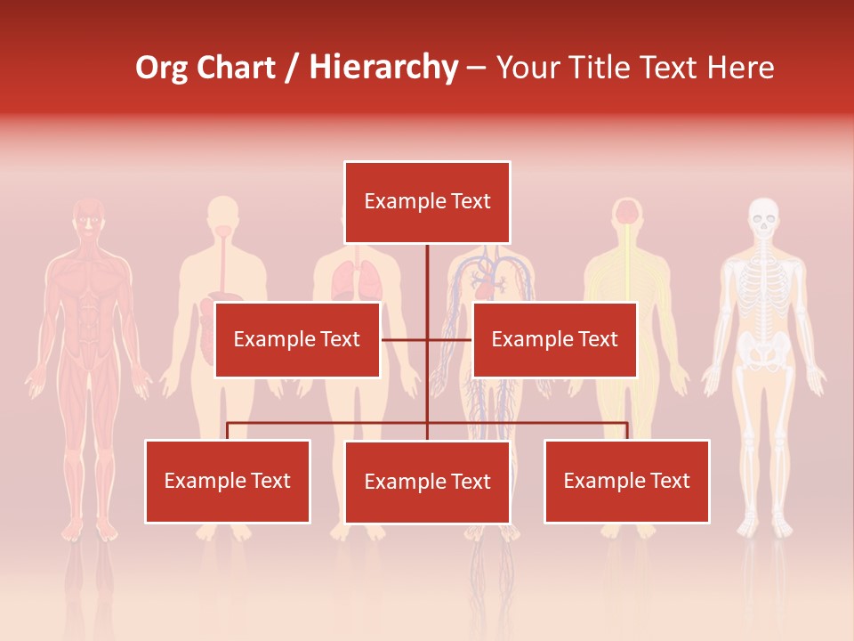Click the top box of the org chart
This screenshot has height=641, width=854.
point(427,202)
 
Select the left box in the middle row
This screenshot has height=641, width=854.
point(297,339)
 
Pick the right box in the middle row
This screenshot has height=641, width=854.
point(554,339)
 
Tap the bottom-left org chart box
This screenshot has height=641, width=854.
point(228,481)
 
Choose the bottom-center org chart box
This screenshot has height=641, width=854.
point(427,482)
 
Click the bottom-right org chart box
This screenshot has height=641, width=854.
point(626,481)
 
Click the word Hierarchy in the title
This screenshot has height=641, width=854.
point(383,68)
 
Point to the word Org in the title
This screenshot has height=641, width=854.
point(163,68)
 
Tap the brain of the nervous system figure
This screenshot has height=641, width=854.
point(628,212)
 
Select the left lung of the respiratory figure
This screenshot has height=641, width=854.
point(344,281)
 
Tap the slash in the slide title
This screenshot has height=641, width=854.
point(293,68)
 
